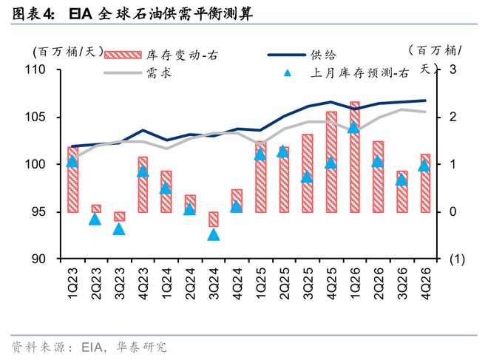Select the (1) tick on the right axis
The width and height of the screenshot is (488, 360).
click(456, 259)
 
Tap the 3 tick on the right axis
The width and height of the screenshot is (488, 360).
click(453, 70)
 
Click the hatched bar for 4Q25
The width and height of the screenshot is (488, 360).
click(331, 162)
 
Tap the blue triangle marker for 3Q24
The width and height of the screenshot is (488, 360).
click(214, 234)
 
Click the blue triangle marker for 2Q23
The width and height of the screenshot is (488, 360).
click(95, 218)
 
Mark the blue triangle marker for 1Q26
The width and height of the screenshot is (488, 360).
click(354, 126)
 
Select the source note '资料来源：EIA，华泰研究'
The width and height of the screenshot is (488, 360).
click(89, 346)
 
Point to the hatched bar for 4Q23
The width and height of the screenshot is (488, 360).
click(143, 184)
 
